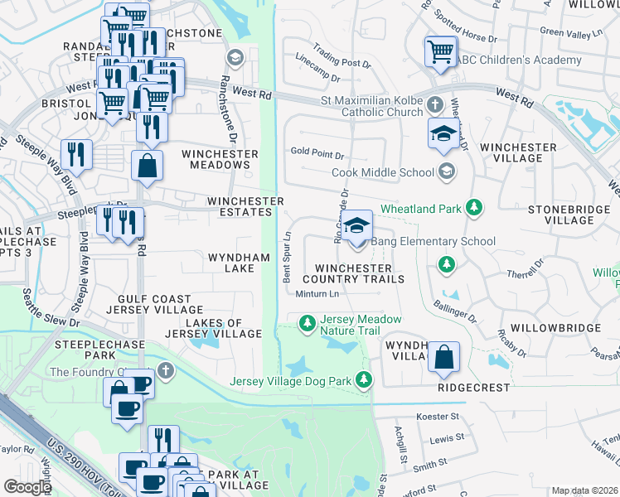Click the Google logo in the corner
27,487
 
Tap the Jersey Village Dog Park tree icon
363,380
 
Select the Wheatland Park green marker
473,208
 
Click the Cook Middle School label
382,172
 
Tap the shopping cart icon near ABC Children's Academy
439,51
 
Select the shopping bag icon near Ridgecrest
444,357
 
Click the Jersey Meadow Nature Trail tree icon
307,321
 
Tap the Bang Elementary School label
433,241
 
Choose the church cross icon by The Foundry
166,370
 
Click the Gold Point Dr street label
317,152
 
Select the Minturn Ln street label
317,294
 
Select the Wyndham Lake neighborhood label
239,263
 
